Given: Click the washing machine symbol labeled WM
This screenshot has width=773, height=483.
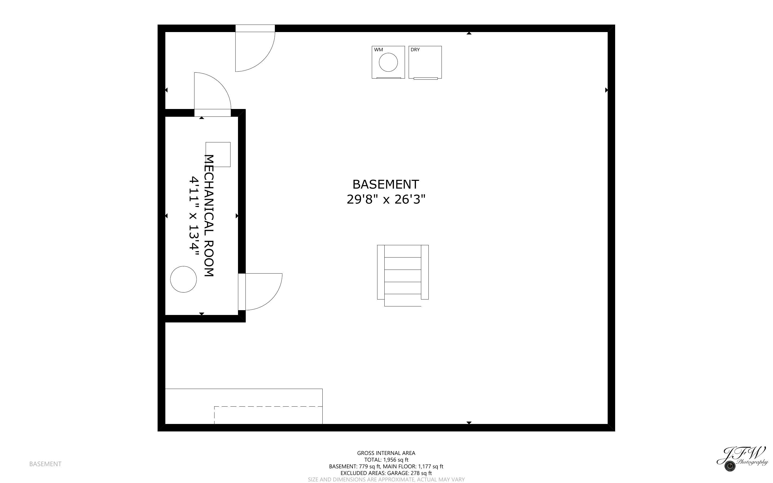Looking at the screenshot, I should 388,62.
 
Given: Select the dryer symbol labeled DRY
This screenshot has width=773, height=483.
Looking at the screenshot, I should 425,62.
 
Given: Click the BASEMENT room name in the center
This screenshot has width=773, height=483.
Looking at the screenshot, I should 385,185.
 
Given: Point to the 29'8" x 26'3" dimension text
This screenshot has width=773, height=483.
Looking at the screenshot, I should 386,200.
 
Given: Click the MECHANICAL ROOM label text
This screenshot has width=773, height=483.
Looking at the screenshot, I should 209,215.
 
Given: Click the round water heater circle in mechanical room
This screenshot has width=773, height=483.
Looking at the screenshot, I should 183,279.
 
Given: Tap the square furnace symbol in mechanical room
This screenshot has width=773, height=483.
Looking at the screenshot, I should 218,154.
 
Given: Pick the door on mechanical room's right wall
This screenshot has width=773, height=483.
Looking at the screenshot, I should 260,291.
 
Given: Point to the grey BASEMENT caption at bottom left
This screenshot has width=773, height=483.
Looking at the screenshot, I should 45,464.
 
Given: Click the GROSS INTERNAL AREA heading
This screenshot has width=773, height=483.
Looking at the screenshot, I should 386,453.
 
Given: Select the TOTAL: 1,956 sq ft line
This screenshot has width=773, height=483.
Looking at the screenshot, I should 386,460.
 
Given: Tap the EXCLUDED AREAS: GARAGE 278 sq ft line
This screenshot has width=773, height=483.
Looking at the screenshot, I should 386,473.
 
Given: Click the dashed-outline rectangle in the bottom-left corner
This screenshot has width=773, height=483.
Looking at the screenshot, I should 268,415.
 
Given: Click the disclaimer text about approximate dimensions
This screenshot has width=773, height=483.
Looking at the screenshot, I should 386,480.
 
